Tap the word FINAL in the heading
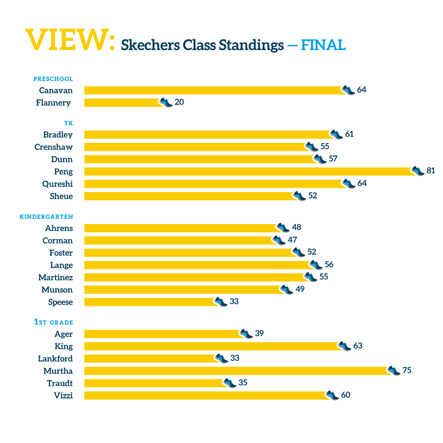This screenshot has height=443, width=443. click(323, 45)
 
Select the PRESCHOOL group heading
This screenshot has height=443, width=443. click(53, 79)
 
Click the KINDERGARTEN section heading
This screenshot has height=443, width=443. click(46, 217)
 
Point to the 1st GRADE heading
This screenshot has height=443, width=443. click(54, 322)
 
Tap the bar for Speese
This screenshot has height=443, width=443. click(150, 302)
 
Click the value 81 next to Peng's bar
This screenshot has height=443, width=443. click(431, 170)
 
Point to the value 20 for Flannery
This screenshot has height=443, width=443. click(179, 102)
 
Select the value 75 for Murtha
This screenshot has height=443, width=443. click(407, 370)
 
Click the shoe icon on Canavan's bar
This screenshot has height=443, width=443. click(348, 90)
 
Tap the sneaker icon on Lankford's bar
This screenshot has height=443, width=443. click(221, 358)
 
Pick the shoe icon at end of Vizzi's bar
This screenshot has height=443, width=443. click(332, 395)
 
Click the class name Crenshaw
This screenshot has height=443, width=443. click(54, 147)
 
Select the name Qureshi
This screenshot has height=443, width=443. click(58, 184)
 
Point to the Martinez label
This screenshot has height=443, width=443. click(55, 277)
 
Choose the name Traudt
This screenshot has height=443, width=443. click(60, 383)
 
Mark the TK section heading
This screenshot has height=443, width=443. click(68, 124)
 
